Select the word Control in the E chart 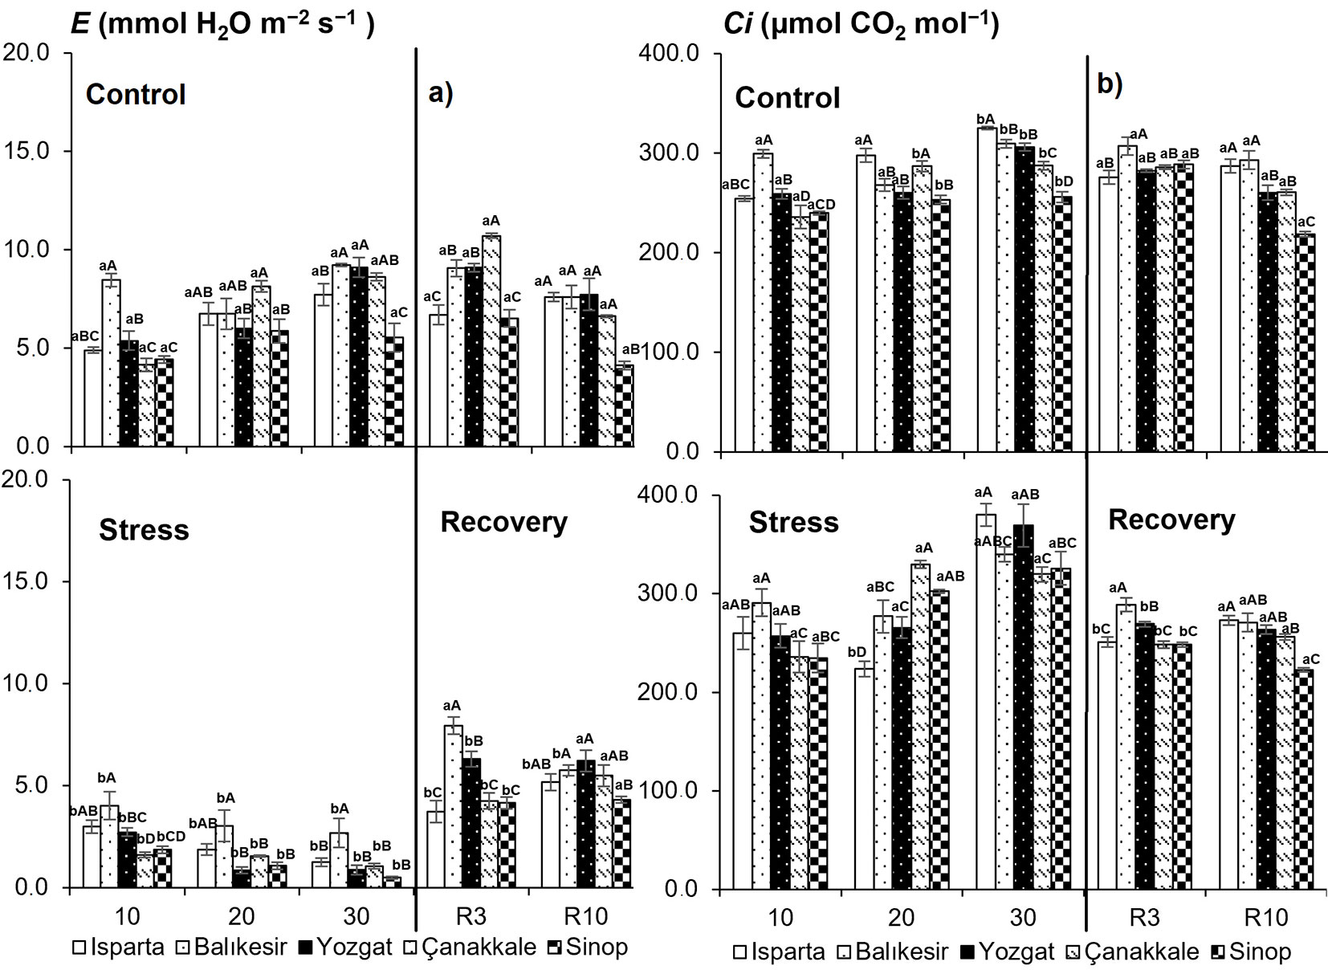coord(136,94)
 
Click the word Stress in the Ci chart coord(793,523)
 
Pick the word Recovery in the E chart coord(503,523)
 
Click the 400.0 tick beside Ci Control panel coord(670,54)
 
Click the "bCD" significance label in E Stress coord(170,837)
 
